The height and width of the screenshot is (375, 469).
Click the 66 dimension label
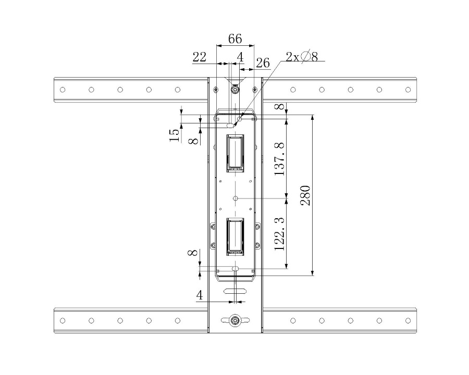tap(235, 39)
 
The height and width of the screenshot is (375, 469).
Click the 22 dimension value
tap(200, 57)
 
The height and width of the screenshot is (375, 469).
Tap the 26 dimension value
tap(263, 63)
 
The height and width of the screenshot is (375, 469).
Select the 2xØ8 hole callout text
tap(302, 56)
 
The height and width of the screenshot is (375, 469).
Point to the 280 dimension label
tap(305, 195)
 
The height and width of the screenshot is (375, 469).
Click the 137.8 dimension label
tap(279, 159)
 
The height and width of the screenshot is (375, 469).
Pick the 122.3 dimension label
tap(279, 234)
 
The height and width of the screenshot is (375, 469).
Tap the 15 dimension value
tap(175, 135)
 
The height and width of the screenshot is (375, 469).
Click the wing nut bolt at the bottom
tap(235, 320)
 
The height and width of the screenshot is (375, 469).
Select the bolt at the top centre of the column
tap(235, 90)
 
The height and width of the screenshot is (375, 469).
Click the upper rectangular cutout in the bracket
tap(235, 153)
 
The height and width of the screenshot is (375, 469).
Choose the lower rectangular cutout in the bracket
tap(235, 236)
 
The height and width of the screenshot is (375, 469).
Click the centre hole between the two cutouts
tap(236, 198)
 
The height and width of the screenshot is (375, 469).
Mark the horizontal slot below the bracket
tap(236, 291)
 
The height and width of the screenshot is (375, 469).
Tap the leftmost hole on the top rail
tap(63, 90)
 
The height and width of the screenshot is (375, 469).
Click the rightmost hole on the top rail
tap(408, 90)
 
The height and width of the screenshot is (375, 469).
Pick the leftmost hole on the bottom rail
tap(63, 321)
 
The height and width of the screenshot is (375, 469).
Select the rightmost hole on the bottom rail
tap(408, 321)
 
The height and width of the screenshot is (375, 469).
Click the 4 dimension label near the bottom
tap(200, 295)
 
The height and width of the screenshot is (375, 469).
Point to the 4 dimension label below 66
tap(240, 57)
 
